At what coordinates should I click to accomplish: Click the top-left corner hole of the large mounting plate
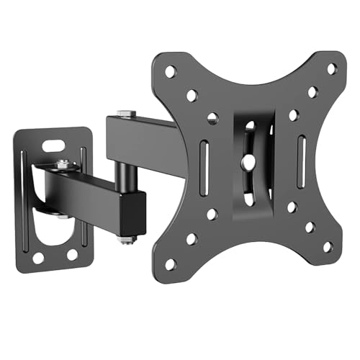pyautogui.click(x=170, y=71)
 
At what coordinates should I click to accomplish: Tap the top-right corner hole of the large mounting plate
pyautogui.click(x=331, y=69)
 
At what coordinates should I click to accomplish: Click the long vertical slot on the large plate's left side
pyautogui.click(x=202, y=163)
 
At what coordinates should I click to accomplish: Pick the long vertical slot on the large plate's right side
pyautogui.click(x=302, y=153)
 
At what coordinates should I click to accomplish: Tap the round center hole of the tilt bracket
pyautogui.click(x=249, y=163)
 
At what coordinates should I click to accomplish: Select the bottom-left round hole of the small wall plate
pyautogui.click(x=38, y=256)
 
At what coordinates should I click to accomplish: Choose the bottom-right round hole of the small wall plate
pyautogui.click(x=72, y=254)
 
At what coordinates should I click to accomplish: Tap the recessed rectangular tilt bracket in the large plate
pyautogui.click(x=249, y=162)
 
